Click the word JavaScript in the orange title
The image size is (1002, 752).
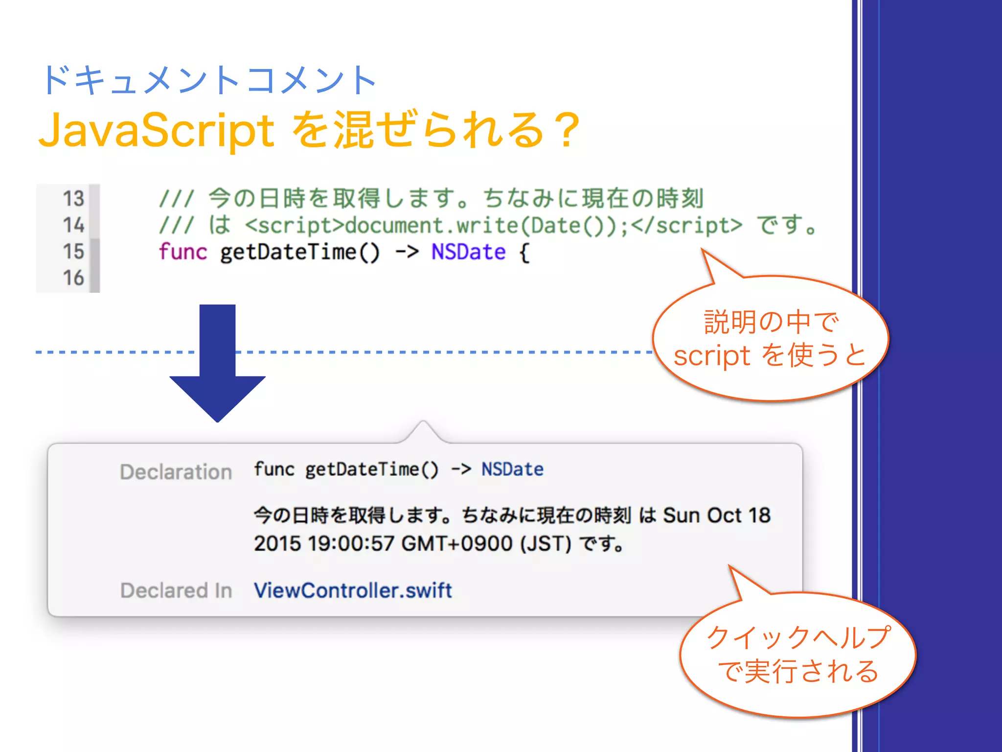click(x=157, y=130)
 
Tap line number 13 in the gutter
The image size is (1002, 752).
click(x=73, y=199)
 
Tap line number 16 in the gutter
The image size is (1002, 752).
click(x=73, y=278)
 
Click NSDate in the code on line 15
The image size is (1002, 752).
click(x=468, y=252)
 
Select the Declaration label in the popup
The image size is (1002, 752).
click(x=176, y=472)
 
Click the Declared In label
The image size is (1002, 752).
click(x=176, y=590)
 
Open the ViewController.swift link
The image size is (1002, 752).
click(x=353, y=590)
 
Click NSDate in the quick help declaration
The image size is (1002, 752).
click(x=512, y=470)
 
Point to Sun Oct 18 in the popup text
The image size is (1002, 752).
click(x=716, y=516)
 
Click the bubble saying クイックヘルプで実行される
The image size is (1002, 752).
click(x=797, y=655)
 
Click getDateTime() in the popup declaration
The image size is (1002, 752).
click(x=372, y=470)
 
